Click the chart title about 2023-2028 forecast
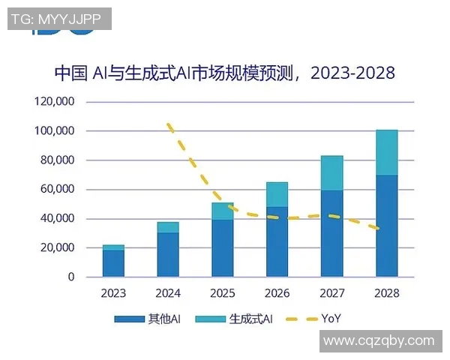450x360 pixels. point(224,73)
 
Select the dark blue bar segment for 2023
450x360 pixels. point(113,263)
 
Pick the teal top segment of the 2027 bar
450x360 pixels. point(331,173)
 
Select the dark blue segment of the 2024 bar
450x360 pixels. point(168,254)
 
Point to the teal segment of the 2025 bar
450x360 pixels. point(223,211)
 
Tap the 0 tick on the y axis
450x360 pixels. point(71,277)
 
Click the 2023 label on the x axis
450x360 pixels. point(113,292)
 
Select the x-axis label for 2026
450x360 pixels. point(277,292)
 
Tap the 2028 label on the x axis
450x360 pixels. point(386,292)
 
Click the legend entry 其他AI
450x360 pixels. point(148,319)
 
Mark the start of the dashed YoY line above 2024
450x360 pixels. point(169,124)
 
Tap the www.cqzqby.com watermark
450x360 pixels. point(379,340)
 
